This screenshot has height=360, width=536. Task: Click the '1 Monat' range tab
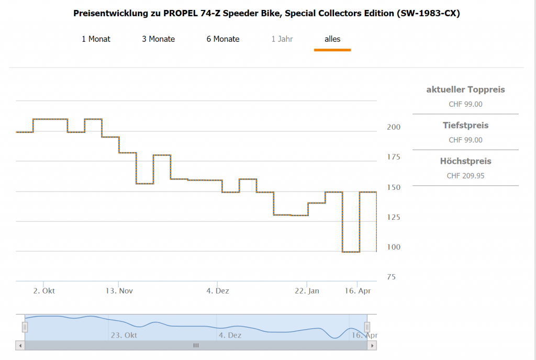[96, 39]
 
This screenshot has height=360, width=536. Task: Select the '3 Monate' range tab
[158, 39]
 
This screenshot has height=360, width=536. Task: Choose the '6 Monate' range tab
[223, 39]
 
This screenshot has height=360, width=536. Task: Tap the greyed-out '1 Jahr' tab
[282, 39]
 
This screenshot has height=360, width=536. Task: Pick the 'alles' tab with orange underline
[332, 39]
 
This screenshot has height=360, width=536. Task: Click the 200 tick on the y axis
[393, 127]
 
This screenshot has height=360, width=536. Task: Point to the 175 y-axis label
[393, 157]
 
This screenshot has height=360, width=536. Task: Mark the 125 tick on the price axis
[393, 217]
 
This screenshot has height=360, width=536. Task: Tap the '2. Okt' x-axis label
[44, 291]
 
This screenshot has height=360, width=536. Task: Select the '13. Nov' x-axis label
[118, 291]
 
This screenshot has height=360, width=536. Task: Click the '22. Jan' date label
[307, 291]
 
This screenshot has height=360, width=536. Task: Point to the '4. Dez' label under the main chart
[218, 291]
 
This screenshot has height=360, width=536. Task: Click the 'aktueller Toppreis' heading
[465, 89]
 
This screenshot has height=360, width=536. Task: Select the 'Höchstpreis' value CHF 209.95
[465, 176]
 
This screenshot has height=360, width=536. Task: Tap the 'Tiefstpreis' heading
[465, 126]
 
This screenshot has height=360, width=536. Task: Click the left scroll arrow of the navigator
[20, 345]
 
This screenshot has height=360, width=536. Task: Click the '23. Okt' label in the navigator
[124, 335]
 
